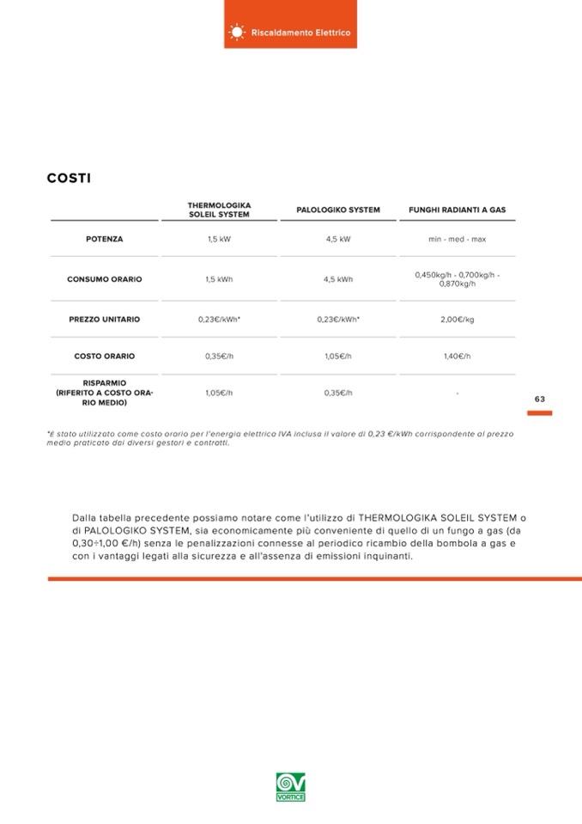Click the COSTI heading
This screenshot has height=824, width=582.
(69, 179)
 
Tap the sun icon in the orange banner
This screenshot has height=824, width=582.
(237, 33)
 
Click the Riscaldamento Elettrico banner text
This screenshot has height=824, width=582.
(300, 33)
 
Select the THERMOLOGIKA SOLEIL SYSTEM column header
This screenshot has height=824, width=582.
(219, 210)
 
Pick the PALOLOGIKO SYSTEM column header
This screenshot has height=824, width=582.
(337, 210)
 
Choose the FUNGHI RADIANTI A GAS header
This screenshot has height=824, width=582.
(457, 210)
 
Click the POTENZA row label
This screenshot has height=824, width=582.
(104, 239)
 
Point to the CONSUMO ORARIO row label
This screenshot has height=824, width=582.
(104, 279)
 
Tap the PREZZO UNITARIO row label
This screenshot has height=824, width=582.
(104, 320)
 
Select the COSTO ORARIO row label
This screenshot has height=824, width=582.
(104, 356)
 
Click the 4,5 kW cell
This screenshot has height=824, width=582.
(337, 239)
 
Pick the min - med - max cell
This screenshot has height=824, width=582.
(457, 239)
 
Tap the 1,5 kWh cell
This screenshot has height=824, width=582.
(219, 279)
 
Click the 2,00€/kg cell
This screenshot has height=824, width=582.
(457, 320)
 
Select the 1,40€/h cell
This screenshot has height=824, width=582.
(457, 356)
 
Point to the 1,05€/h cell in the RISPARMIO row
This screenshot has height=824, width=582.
(219, 393)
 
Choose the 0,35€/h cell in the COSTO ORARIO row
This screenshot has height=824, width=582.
(219, 356)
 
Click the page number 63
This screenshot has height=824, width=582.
(539, 399)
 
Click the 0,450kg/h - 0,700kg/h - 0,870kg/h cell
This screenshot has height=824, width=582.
(457, 279)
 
